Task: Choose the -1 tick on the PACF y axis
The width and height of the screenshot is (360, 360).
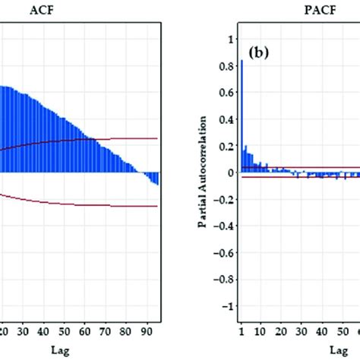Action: (226, 306)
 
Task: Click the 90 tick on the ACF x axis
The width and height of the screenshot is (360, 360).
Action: (146, 330)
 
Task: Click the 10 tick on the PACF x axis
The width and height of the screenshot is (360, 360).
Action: (261, 330)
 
